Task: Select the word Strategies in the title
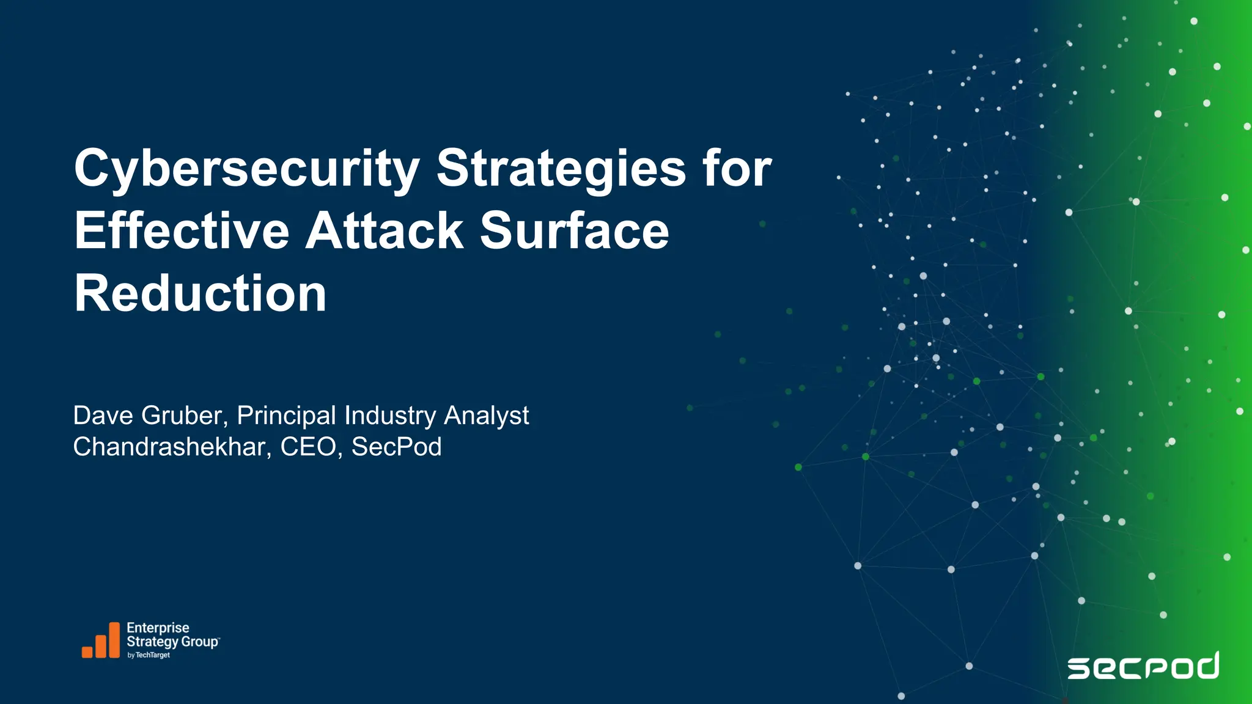point(561,169)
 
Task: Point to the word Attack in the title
point(385,231)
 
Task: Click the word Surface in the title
point(574,231)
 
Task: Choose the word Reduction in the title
point(200,294)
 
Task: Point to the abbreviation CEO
point(311,447)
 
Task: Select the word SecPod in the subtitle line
point(396,447)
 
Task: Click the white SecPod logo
point(1143,666)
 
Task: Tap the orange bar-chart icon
point(101,640)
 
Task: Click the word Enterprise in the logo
point(158,628)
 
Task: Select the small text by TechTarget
point(149,655)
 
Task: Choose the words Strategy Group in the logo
point(172,642)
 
